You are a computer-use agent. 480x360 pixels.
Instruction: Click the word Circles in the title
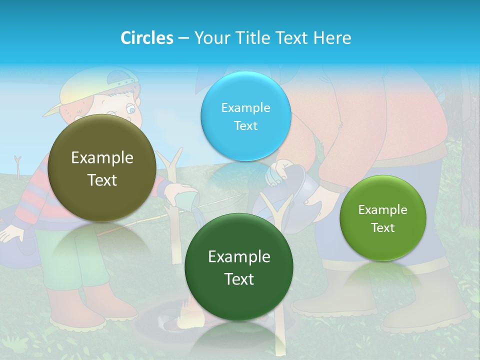pyautogui.click(x=146, y=38)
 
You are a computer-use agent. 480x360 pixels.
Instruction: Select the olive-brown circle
pyautogui.click(x=102, y=168)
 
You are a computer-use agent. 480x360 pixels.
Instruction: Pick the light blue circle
pyautogui.click(x=245, y=116)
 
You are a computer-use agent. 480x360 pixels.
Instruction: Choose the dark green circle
pyautogui.click(x=239, y=267)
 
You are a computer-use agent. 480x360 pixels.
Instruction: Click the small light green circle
pyautogui.click(x=383, y=218)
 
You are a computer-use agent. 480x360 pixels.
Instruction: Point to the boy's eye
pyautogui.click(x=130, y=108)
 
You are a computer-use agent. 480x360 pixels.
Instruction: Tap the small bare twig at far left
pyautogui.click(x=18, y=165)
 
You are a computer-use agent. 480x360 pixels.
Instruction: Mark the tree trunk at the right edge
pyautogui.click(x=470, y=150)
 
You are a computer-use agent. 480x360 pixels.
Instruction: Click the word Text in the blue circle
pyautogui.click(x=245, y=126)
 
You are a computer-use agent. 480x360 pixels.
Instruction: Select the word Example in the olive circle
pyautogui.click(x=102, y=158)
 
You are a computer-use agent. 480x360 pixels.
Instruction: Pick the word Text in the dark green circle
pyautogui.click(x=239, y=279)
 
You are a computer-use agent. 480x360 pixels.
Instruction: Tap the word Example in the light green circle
pyautogui.click(x=383, y=210)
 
